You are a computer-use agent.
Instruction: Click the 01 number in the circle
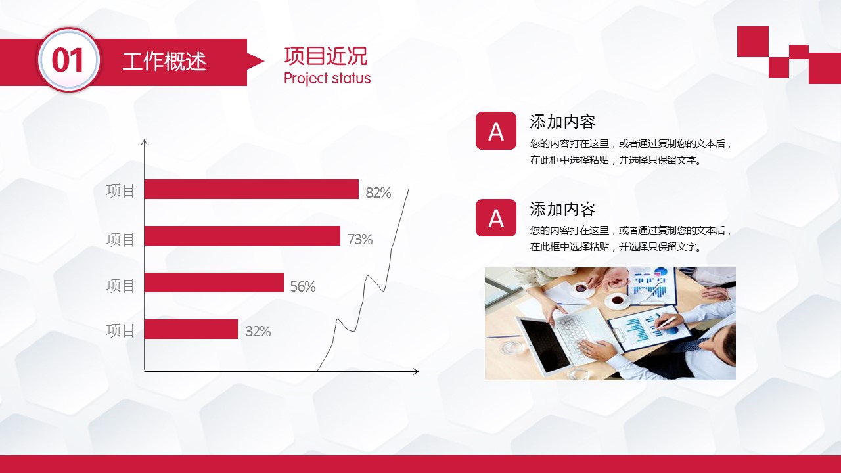pos(67,60)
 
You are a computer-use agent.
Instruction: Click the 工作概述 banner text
pos(164,62)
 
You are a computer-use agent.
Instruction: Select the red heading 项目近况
pos(325,56)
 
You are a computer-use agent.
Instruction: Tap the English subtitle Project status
pos(327,78)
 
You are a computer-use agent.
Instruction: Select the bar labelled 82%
pos(252,189)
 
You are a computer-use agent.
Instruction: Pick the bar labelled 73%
pos(242,236)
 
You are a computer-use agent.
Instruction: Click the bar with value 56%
pos(214,282)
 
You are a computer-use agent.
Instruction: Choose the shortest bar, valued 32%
pos(191,329)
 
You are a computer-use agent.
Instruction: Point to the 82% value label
pos(378,192)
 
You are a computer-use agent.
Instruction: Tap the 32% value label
pos(258,332)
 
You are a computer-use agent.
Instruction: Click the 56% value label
pos(303,287)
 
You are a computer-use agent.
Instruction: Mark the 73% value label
pos(359,239)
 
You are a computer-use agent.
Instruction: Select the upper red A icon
pos(495,131)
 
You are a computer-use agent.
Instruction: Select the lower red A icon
pos(495,217)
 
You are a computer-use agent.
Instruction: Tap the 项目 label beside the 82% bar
pos(120,191)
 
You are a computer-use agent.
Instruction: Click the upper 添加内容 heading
pos(562,122)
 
